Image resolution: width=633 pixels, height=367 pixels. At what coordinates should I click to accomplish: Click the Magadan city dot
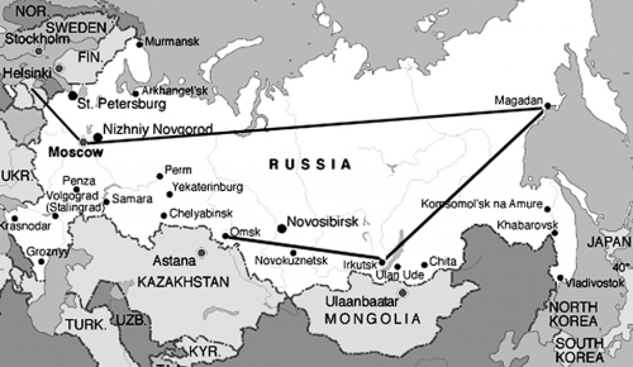(x=546, y=106)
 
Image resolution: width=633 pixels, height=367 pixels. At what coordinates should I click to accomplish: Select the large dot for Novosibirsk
(x=282, y=228)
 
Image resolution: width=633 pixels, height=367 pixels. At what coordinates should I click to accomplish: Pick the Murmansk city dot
(x=139, y=44)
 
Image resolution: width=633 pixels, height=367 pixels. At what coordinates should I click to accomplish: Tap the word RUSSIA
(x=310, y=164)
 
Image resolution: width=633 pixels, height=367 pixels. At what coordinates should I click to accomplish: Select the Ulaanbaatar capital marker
(x=402, y=292)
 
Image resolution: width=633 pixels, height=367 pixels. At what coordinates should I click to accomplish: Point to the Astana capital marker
(x=201, y=252)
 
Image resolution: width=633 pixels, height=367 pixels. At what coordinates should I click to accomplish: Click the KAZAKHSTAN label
(x=182, y=282)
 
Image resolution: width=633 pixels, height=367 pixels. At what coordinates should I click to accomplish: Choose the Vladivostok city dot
(x=560, y=278)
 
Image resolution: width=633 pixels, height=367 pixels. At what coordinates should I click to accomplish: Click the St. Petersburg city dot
(x=73, y=95)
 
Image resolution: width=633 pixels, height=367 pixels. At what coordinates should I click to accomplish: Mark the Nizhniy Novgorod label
(x=159, y=130)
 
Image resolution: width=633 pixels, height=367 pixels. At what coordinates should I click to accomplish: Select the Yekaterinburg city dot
(x=169, y=195)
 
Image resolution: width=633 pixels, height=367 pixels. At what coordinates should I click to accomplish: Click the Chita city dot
(x=424, y=265)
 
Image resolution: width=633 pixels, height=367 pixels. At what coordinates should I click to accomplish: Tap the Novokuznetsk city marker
(x=293, y=252)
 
